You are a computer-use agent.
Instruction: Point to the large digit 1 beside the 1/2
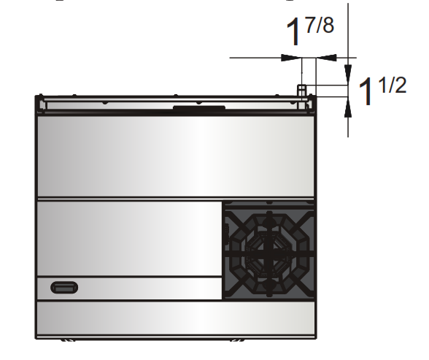pyautogui.click(x=366, y=93)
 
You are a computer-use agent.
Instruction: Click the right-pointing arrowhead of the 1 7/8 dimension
pyautogui.click(x=293, y=57)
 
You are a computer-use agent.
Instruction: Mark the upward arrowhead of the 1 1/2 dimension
pyautogui.click(x=347, y=105)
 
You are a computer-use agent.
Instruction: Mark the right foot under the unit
pyautogui.click(x=237, y=340)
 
